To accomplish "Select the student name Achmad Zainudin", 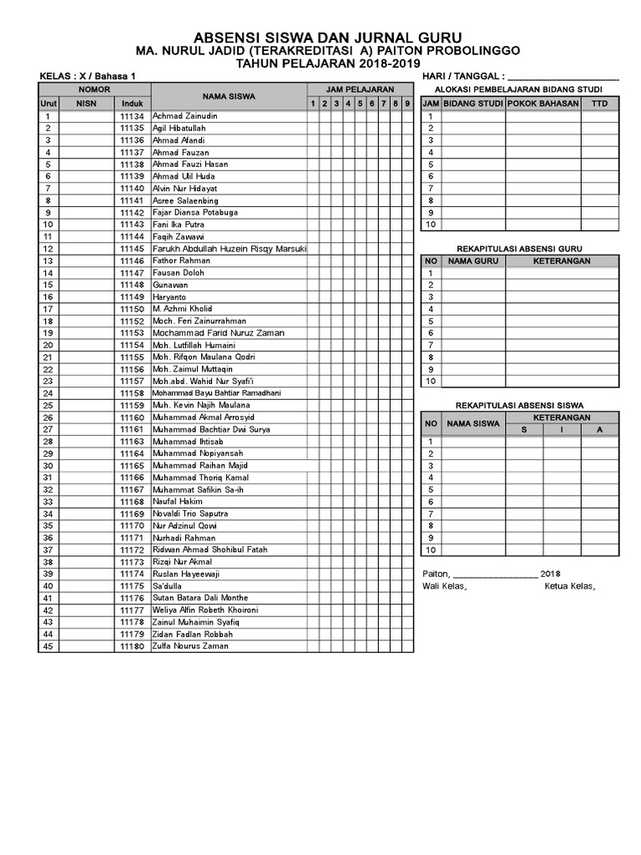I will coord(184,116).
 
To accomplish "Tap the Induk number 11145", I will coord(132,249).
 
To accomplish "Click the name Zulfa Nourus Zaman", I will coord(190,646).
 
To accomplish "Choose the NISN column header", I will coord(87,104).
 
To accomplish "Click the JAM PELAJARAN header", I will coord(360,89).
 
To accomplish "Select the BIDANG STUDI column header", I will coord(472,104).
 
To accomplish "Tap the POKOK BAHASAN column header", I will coord(543,104).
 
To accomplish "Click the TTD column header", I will coord(599,104).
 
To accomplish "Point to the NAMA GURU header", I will coord(472,261).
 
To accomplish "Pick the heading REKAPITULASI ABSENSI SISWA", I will coord(518,405).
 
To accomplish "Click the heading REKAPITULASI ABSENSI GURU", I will coord(519,249).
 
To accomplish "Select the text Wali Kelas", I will coord(445,586).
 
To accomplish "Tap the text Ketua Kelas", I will coord(569,586).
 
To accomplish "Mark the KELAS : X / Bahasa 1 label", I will coord(88,76).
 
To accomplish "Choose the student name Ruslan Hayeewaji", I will coord(186,574).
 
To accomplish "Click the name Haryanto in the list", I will coord(169,297).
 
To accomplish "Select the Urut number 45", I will coord(48,646).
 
